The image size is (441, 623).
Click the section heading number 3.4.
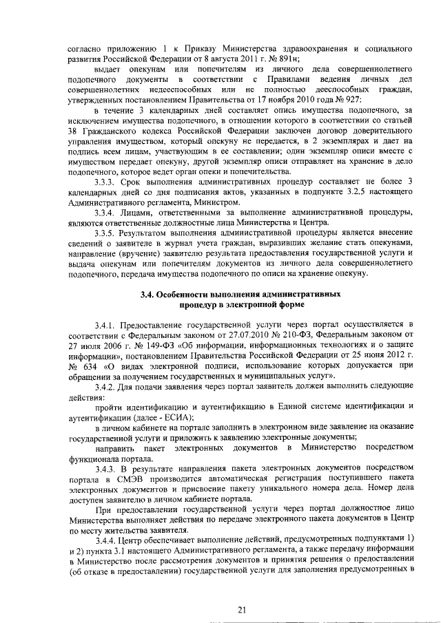click(147, 294)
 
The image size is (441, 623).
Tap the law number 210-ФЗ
click(295, 335)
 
